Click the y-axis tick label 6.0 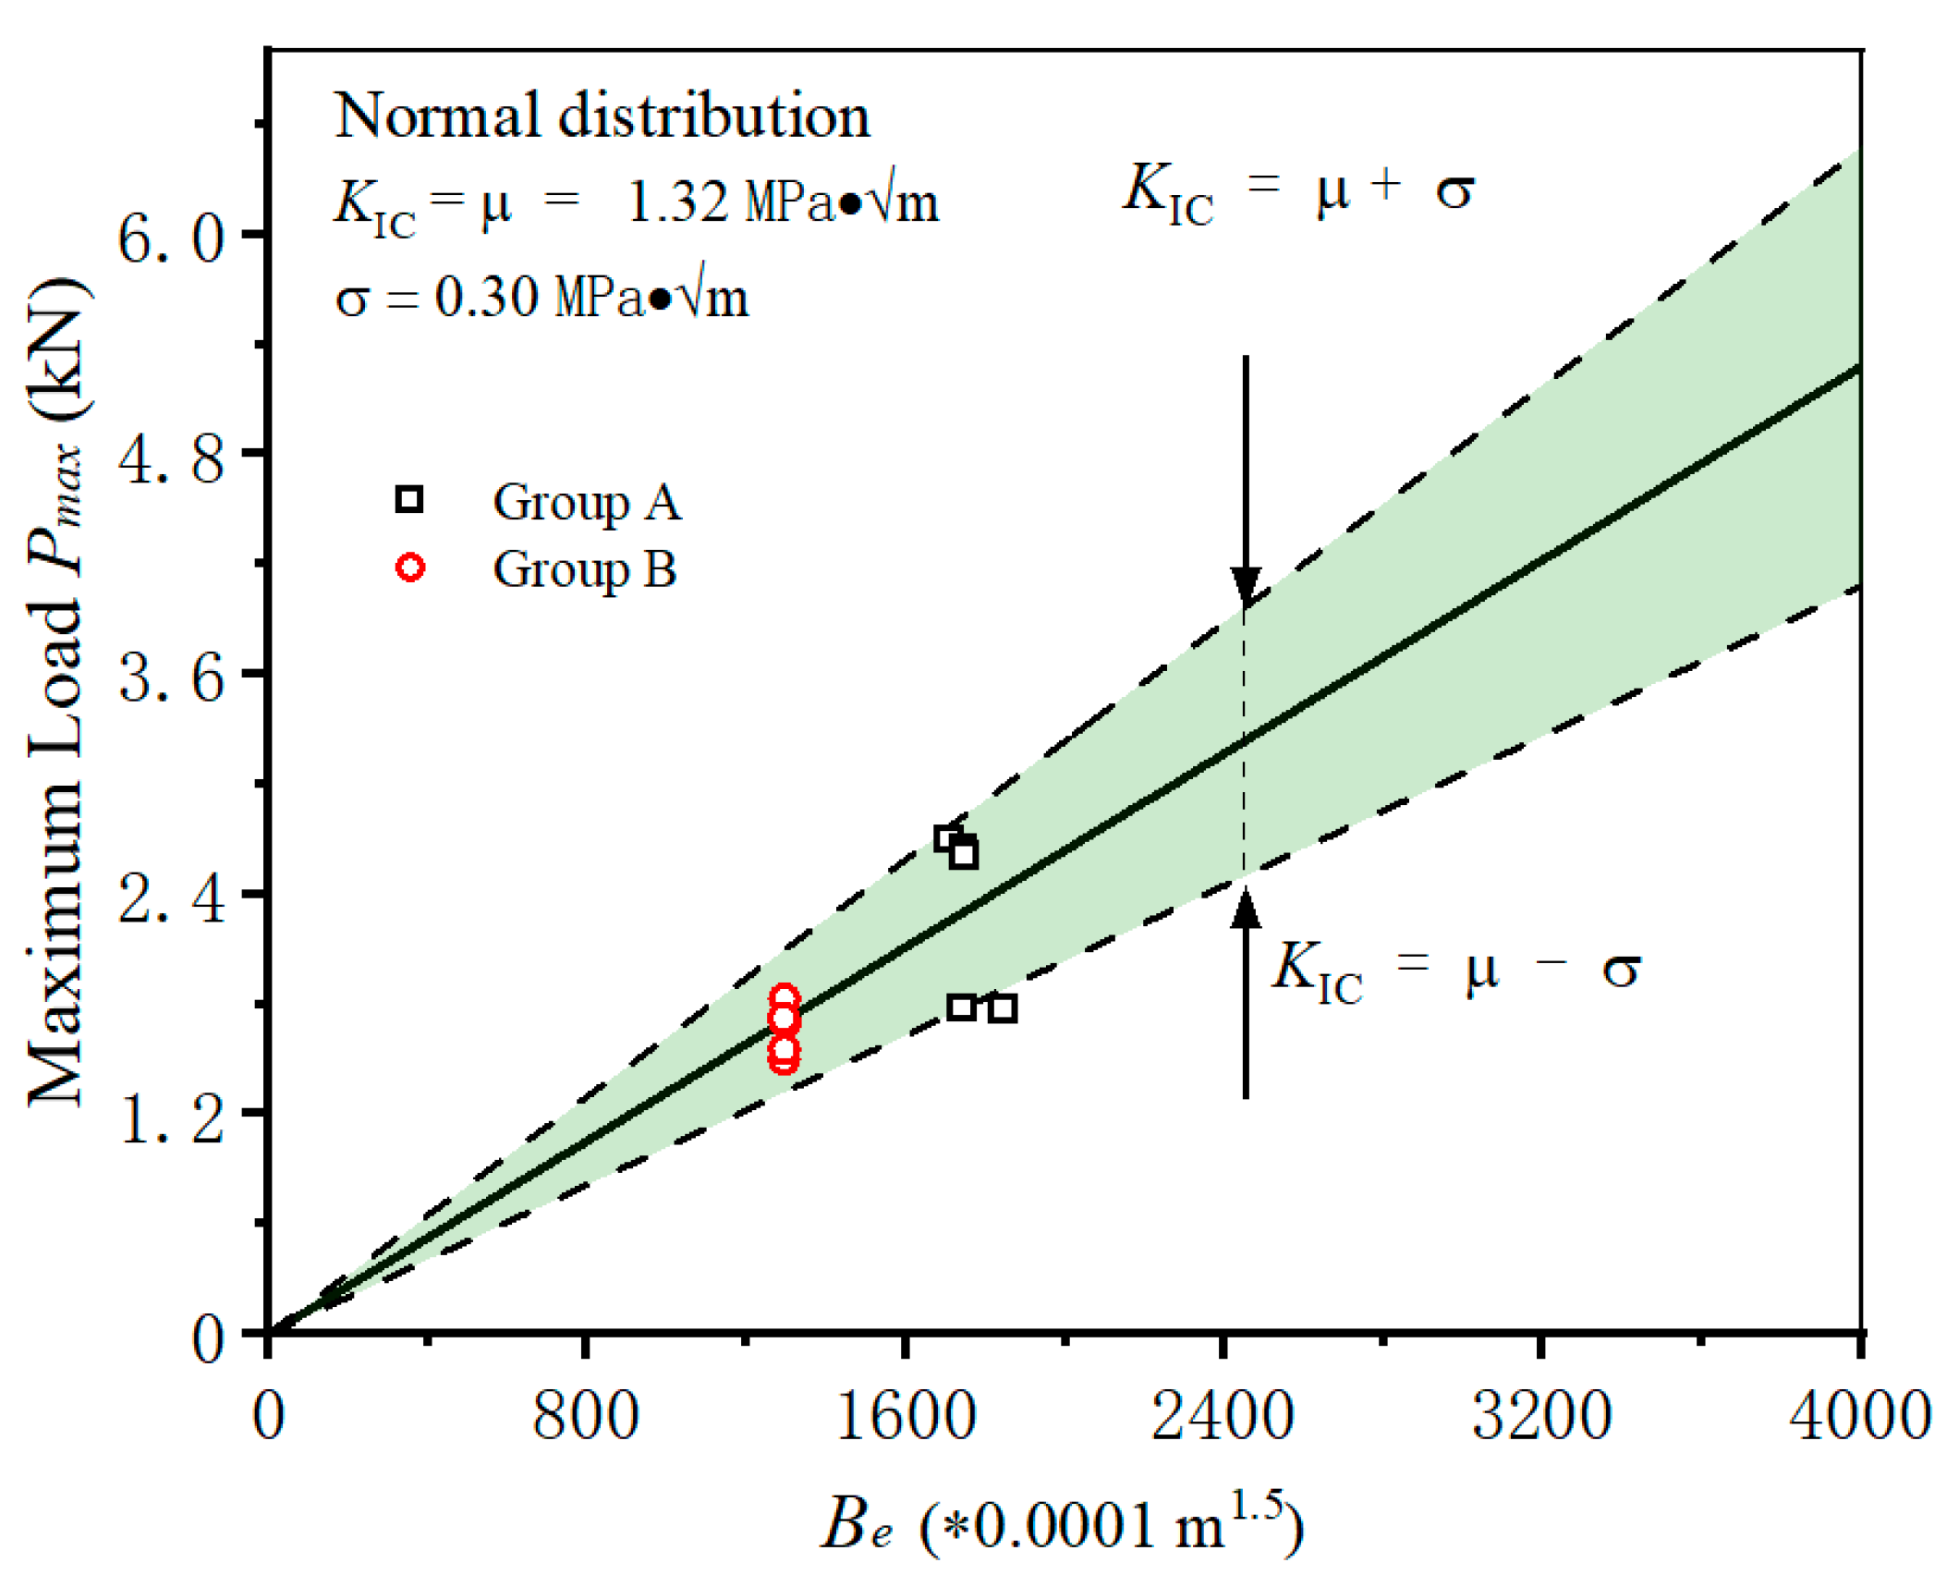[171, 238]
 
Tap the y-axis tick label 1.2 [171, 1118]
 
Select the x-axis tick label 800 [585, 1417]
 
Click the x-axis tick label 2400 [1222, 1417]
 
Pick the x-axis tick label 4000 [1857, 1417]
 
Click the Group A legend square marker [408, 499]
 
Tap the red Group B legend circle [410, 567]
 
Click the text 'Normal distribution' [602, 116]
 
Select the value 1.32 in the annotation [677, 202]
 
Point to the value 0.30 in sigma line [486, 298]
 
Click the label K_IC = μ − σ [1456, 971]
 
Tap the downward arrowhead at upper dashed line [1246, 586]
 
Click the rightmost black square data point [1003, 1008]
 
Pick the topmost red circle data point [784, 997]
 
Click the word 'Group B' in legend [584, 569]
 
